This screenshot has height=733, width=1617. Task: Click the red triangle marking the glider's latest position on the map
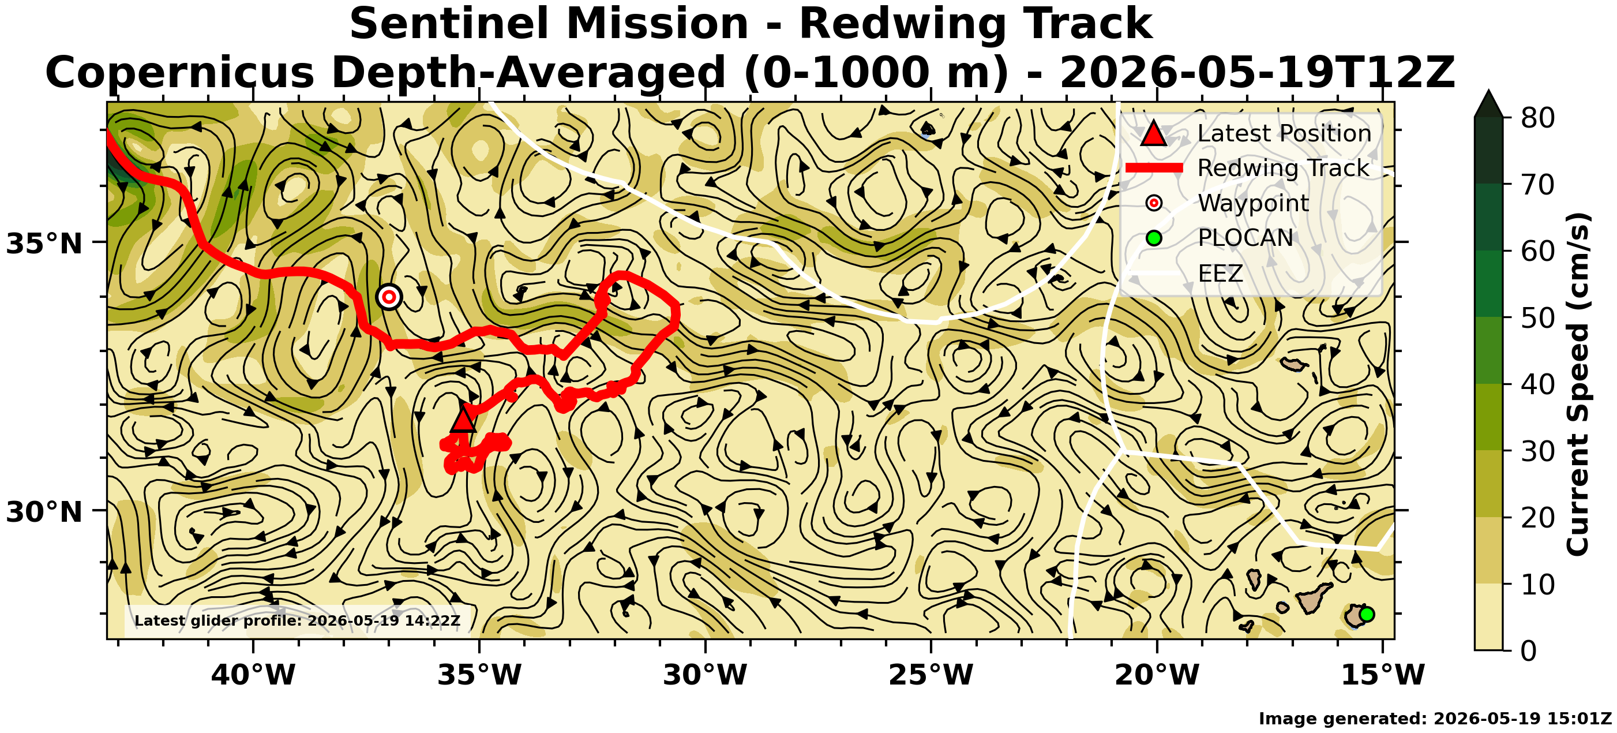click(463, 420)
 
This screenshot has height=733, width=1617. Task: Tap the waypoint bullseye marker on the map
click(389, 297)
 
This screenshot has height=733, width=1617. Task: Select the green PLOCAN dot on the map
click(1367, 614)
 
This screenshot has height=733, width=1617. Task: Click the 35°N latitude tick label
click(44, 244)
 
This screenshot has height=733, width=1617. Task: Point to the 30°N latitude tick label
click(44, 512)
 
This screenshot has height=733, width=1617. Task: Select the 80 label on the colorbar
click(1537, 118)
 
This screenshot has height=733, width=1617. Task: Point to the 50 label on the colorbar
click(1537, 318)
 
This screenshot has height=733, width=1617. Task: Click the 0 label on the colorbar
click(1529, 650)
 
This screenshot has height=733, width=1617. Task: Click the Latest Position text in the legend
click(1284, 133)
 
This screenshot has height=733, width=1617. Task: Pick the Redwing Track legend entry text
click(1283, 168)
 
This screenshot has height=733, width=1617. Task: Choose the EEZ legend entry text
click(1220, 273)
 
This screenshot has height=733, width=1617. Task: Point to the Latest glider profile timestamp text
click(298, 620)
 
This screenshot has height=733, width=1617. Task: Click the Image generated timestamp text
click(1435, 719)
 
